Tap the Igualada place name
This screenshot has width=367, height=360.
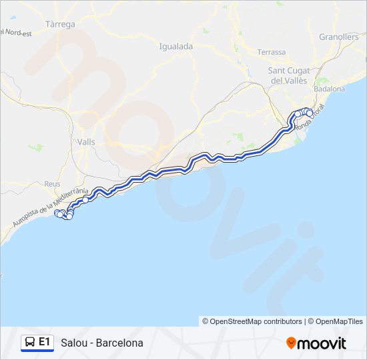click(176, 46)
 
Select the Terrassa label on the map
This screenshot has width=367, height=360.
click(272, 52)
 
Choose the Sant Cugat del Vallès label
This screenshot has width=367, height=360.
click(288, 75)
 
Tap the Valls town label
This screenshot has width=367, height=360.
click(87, 141)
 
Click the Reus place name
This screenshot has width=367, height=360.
click(52, 184)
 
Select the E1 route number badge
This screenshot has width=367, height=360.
click(44, 342)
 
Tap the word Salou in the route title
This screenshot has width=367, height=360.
click(73, 343)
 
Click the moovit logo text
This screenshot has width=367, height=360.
click(322, 343)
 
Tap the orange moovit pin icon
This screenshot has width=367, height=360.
click(291, 343)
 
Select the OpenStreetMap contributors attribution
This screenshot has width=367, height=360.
click(252, 321)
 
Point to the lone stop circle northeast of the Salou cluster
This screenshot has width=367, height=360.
click(85, 199)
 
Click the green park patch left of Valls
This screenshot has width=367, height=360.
click(38, 147)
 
